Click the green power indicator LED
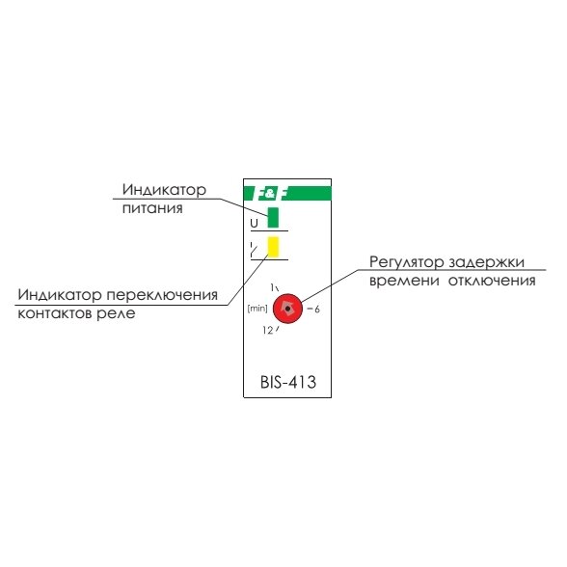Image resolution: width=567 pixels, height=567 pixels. coord(273,217)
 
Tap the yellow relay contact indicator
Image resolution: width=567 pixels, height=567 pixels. coord(273,247)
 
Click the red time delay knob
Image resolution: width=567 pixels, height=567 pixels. coord(287,309)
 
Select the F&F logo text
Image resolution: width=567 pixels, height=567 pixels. coord(270,194)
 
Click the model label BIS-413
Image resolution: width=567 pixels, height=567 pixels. coord(288,382)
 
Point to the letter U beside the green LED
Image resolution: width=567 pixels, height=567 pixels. coord(255,223)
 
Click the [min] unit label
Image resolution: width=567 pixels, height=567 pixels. coord(257,309)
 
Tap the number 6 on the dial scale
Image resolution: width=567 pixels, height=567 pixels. coord(316,310)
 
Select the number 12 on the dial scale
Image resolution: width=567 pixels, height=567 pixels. coord(268,330)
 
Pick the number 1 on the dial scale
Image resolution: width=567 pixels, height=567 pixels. coord(272,287)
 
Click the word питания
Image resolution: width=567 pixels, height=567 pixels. coord(152,208)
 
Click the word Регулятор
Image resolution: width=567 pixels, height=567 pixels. coord(407,262)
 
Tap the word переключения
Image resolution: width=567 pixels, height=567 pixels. coord(162,295)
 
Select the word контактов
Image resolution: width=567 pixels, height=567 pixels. coord(55,313)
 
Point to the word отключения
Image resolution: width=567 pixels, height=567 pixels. coord(492,281)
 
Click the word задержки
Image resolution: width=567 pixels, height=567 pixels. coord(486,263)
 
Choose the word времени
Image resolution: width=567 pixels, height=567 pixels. coord(405,281)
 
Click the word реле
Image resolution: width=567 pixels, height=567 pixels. coord(116,313)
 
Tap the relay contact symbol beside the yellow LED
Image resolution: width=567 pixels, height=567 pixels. coord(254,250)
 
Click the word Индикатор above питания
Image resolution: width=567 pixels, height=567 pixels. coord(164,189)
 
